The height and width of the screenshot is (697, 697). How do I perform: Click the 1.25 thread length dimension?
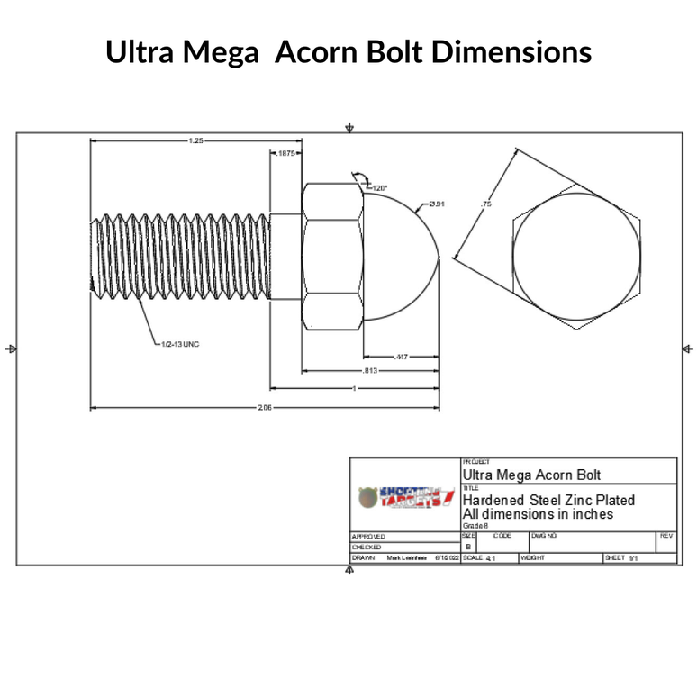195,140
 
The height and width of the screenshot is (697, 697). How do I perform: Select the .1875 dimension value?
287,154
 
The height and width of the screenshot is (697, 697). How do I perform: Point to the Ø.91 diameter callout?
437,204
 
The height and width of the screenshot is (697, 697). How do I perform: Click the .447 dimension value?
401,357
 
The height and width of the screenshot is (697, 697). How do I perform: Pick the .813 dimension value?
369,370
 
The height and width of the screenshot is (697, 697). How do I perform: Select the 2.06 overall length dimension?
265,408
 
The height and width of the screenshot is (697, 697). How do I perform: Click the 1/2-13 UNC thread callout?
176,344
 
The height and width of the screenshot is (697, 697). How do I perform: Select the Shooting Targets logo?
404,496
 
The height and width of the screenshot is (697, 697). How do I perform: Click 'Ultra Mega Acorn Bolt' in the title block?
530,474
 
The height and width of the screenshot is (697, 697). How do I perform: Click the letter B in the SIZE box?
467,547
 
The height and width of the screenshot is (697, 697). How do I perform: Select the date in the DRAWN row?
447,558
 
